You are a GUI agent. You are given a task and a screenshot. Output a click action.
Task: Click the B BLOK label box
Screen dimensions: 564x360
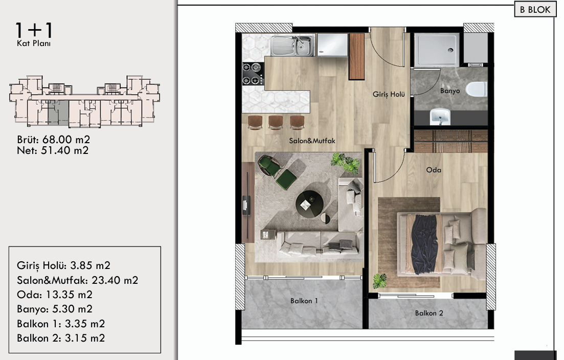535,9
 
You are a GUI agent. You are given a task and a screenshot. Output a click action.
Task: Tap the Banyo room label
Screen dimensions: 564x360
450,91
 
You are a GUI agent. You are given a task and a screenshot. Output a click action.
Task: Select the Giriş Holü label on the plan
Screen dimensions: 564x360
389,94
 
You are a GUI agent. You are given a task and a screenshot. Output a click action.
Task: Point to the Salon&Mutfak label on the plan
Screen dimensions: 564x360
312,141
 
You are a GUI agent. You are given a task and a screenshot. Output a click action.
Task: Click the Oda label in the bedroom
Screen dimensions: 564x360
434,170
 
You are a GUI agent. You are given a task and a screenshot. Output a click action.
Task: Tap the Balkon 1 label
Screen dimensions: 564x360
304,301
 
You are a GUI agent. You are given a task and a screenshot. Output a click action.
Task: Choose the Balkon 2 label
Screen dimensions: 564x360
429,313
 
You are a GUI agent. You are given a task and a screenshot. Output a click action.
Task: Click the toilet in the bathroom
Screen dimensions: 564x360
477,89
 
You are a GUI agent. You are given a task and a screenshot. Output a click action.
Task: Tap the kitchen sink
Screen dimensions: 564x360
293,46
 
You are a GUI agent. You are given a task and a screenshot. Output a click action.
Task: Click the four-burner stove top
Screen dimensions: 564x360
253,74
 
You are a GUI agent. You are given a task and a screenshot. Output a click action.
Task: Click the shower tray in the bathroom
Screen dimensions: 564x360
437,50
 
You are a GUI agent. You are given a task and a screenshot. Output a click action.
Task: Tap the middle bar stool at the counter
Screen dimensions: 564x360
276,122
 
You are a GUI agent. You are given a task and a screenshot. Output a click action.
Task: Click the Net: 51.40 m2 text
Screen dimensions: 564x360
53,150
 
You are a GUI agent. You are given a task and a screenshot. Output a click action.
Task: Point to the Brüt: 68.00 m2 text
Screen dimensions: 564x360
53,139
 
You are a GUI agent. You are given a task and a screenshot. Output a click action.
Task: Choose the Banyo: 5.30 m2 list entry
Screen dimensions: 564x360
54,308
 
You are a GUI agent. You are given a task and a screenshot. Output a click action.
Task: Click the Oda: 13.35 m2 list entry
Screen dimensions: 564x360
54,294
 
